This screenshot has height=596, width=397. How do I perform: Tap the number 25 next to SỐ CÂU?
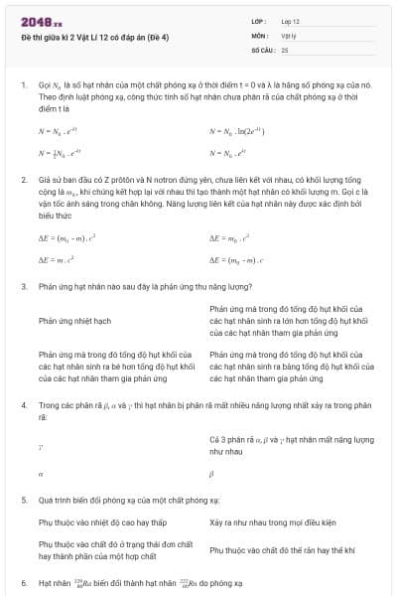click(x=285, y=49)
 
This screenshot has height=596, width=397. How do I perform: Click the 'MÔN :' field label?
click(x=260, y=35)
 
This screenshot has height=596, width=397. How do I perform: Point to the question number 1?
click(x=23, y=86)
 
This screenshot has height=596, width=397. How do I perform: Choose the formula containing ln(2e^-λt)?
click(x=236, y=131)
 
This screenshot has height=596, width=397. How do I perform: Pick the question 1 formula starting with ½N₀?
click(x=59, y=154)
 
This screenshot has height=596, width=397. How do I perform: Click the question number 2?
click(x=23, y=180)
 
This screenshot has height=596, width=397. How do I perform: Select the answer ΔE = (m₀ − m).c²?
click(x=66, y=238)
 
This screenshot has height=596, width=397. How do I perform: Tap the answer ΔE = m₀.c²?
click(x=229, y=238)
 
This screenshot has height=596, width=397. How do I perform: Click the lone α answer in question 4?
click(x=41, y=475)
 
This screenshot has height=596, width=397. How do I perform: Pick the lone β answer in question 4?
click(x=212, y=475)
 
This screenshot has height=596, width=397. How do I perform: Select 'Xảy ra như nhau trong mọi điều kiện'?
click(x=274, y=521)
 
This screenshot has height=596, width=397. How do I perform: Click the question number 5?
click(x=23, y=500)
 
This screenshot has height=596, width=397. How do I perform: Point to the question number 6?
click(x=23, y=581)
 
